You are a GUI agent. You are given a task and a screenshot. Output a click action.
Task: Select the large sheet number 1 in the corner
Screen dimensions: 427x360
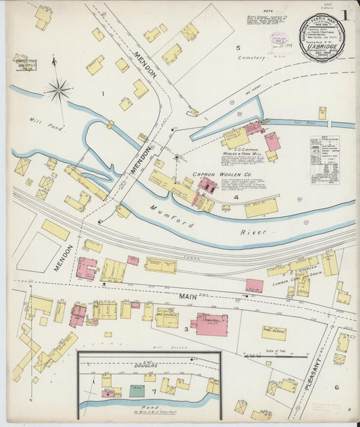click(345, 14)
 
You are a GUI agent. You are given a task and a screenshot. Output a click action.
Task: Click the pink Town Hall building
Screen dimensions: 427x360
click(211, 324)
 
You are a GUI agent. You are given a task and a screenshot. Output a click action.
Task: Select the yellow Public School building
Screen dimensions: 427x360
click(274, 333)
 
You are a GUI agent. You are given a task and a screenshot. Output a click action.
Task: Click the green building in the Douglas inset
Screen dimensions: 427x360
click(136, 391)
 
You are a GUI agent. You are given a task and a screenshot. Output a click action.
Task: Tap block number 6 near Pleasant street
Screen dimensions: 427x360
click(336, 387)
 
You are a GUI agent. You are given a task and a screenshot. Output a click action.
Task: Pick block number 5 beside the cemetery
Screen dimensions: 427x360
click(238, 48)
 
